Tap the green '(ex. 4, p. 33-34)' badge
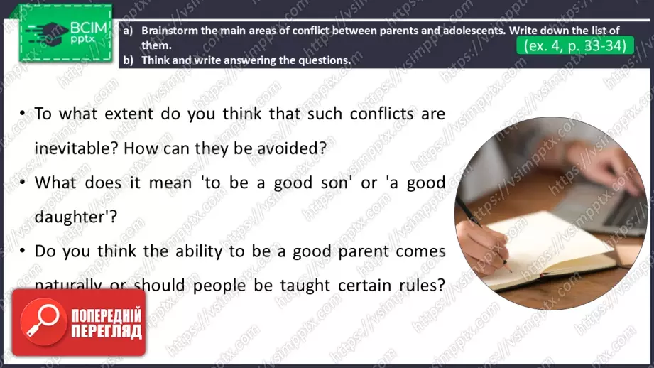tap(574, 45)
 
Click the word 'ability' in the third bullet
tap(199, 251)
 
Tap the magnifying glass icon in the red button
tap(43, 322)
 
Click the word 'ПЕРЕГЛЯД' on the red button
tap(107, 332)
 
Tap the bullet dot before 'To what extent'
tap(23, 113)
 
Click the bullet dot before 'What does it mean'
tap(23, 183)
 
